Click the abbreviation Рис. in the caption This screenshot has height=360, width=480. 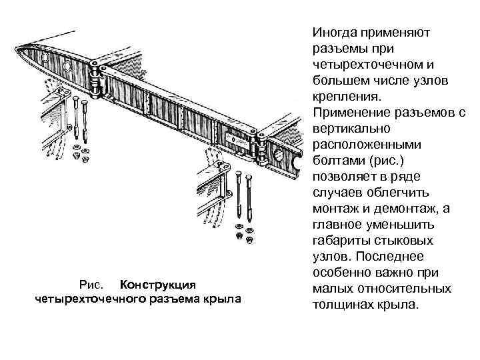point(91,284)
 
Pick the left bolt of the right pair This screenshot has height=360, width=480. point(238,194)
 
